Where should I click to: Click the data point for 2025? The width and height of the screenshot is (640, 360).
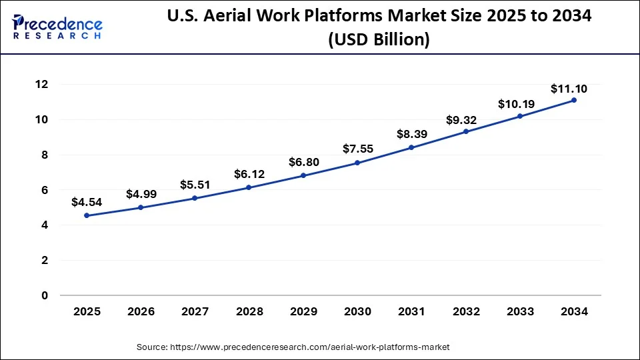pos(87,215)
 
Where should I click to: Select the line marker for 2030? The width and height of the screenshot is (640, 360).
pos(357,163)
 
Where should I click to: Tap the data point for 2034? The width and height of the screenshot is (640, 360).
pos(574,100)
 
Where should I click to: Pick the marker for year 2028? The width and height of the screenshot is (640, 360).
pos(249,187)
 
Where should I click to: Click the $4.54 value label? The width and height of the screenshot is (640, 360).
pos(87,201)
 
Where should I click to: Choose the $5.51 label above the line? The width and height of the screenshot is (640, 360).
pos(195,185)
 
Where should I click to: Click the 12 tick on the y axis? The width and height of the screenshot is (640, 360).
pos(42,85)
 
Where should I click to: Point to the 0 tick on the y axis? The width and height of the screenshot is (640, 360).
pos(45,295)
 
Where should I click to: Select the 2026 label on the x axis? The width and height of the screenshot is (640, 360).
pos(141,311)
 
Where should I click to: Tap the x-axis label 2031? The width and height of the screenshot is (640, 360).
pos(411,311)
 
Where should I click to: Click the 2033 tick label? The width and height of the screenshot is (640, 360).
pos(519,311)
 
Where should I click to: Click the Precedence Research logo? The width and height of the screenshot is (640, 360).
pos(57,27)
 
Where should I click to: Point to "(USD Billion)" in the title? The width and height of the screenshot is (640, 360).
pos(378,39)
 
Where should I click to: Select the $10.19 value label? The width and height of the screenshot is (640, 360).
pos(515,104)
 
